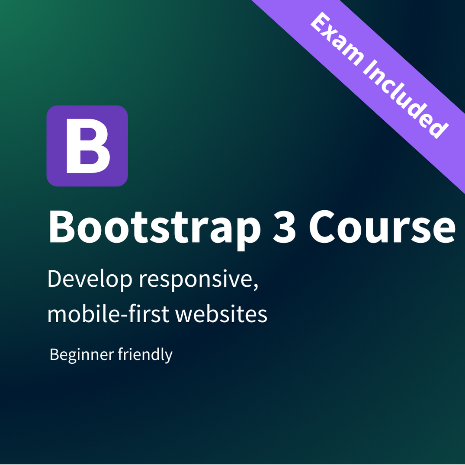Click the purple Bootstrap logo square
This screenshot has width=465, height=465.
coord(87,146)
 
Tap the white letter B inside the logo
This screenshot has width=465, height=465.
coord(88,146)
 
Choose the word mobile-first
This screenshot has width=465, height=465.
coord(109,314)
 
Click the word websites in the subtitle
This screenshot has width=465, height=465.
coord(221,314)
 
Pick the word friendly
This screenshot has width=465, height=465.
coord(145,355)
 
